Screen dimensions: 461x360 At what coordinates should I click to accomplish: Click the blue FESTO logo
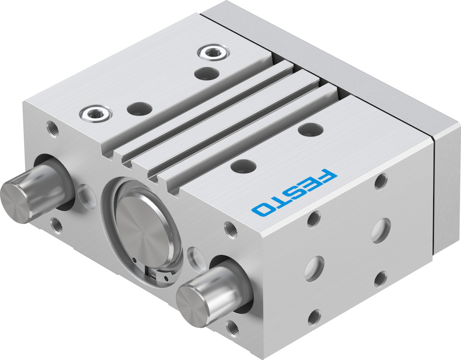tap(294, 193)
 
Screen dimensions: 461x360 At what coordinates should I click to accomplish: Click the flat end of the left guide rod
tap(15, 202)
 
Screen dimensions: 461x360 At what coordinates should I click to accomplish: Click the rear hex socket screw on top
tap(214, 53)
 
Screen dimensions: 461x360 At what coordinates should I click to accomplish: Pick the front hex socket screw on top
tap(96, 113)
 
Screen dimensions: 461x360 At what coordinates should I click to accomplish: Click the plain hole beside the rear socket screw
tap(206, 73)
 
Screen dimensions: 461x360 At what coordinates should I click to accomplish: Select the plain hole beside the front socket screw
tap(139, 109)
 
